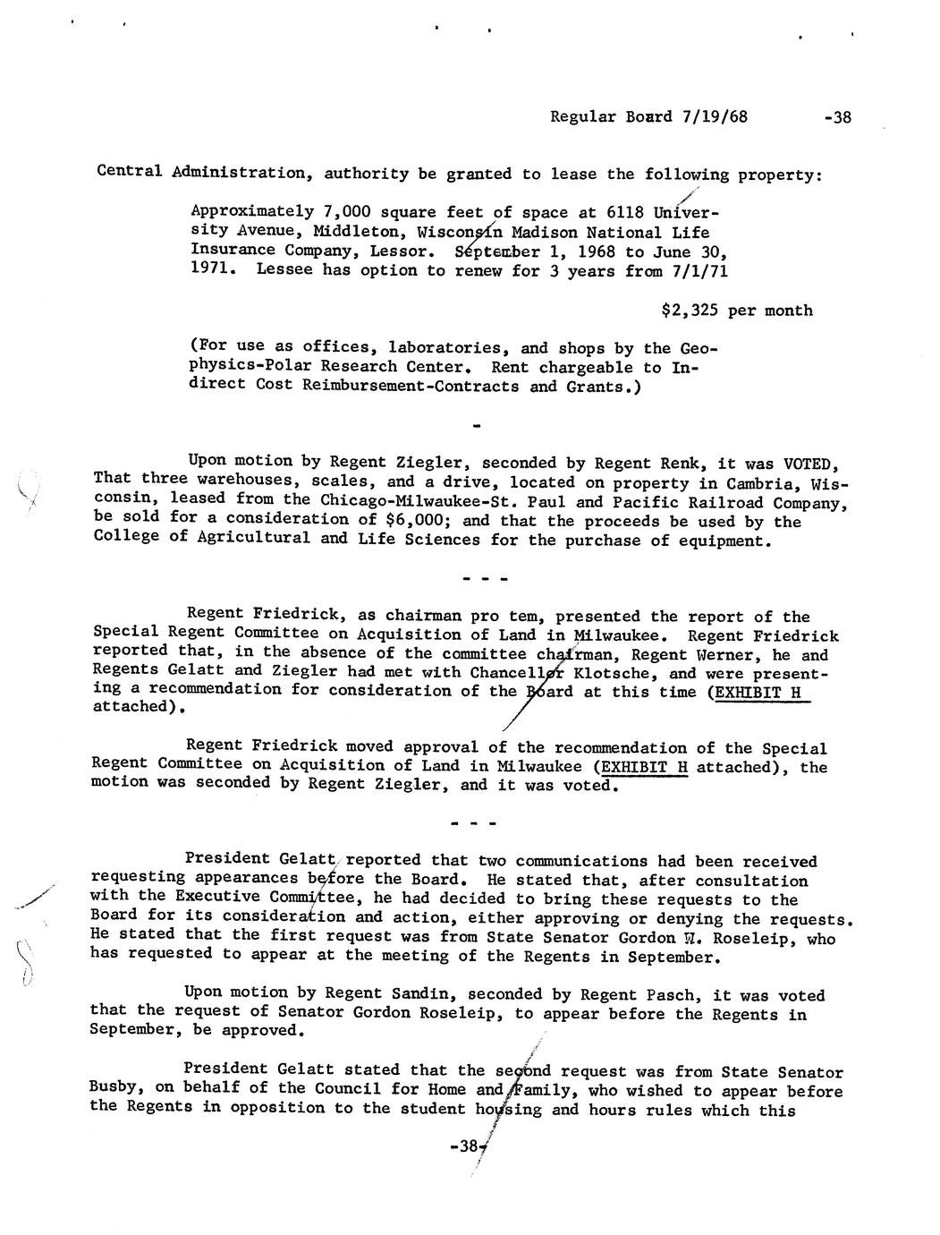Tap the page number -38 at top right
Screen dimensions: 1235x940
(x=837, y=117)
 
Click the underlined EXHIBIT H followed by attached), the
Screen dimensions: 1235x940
(x=644, y=767)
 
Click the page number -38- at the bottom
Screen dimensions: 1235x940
(x=469, y=1146)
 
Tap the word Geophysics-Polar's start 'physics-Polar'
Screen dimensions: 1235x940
(x=254, y=367)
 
